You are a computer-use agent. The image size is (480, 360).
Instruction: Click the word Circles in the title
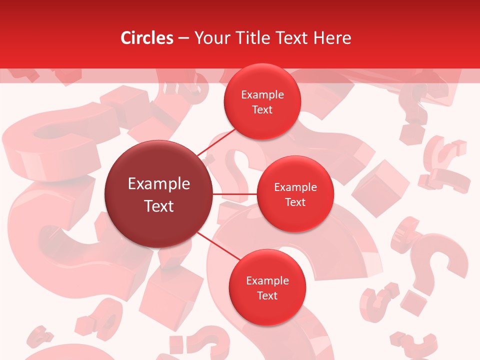click(147, 38)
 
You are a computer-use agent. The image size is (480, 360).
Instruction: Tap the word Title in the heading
click(251, 38)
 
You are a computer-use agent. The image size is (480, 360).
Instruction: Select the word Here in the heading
click(332, 38)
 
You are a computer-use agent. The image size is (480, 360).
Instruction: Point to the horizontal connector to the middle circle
click(235, 193)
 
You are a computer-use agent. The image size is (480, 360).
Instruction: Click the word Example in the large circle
click(159, 184)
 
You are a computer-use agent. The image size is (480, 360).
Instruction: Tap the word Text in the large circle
click(159, 206)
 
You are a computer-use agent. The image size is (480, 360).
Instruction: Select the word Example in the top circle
click(262, 95)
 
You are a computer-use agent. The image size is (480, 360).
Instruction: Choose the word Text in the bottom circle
click(267, 295)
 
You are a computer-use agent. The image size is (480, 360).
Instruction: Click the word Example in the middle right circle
click(295, 187)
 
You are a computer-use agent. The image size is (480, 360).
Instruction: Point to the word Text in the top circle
click(262, 109)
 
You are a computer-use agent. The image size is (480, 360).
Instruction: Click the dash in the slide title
click(183, 38)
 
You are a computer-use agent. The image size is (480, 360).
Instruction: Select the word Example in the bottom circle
click(267, 281)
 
